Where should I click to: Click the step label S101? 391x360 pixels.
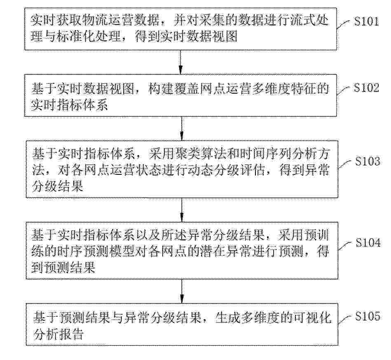[367, 21]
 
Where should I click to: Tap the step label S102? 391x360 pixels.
[367, 88]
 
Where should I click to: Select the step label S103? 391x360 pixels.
[368, 161]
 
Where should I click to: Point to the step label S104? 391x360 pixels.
[368, 242]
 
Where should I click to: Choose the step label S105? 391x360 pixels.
[368, 316]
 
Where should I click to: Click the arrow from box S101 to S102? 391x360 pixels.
[180, 62]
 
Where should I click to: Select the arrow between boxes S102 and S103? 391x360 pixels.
[182, 128]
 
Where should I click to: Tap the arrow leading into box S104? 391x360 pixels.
[182, 210]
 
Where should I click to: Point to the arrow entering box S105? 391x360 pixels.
[182, 291]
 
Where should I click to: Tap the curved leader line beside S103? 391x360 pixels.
[345, 164]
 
